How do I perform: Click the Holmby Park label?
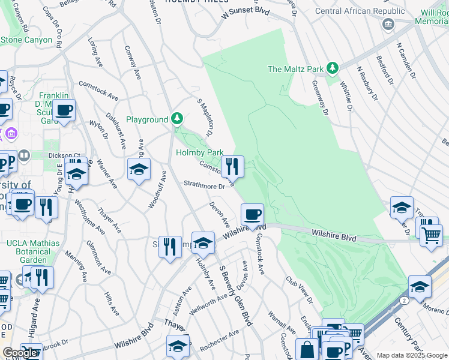[200, 152]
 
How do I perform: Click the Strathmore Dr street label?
[204, 185]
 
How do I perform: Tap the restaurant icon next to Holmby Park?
[232, 166]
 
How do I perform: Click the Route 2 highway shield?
[405, 299]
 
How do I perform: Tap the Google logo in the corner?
[20, 353]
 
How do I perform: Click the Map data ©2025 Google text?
[411, 355]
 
